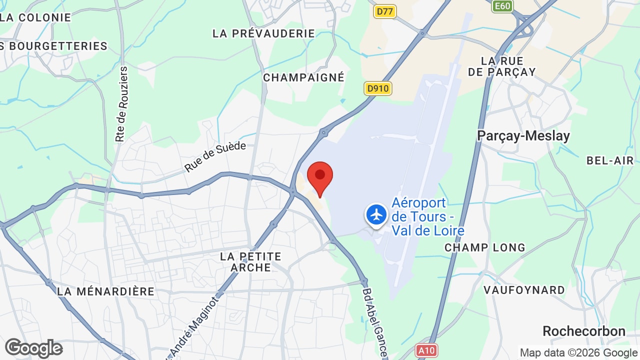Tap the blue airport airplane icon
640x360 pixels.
click(x=376, y=214)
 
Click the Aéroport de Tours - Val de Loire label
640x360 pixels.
click(x=428, y=217)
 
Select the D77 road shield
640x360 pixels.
click(x=384, y=11)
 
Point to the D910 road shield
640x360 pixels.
click(x=377, y=89)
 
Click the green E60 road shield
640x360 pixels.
click(x=502, y=6)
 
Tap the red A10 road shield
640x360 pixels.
click(x=426, y=350)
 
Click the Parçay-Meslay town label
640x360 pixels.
click(x=523, y=135)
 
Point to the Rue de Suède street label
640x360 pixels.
click(x=215, y=156)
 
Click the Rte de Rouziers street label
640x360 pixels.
click(x=121, y=104)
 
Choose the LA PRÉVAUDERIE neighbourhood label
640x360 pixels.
click(x=263, y=33)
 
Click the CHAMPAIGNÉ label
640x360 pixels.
click(x=303, y=77)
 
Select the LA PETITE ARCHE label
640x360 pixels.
click(x=250, y=262)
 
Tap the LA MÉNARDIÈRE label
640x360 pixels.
click(x=105, y=291)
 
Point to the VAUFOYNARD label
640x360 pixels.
click(x=524, y=290)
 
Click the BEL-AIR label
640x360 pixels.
click(x=610, y=160)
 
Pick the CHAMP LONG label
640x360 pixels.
click(x=485, y=247)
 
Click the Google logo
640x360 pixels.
click(x=33, y=348)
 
